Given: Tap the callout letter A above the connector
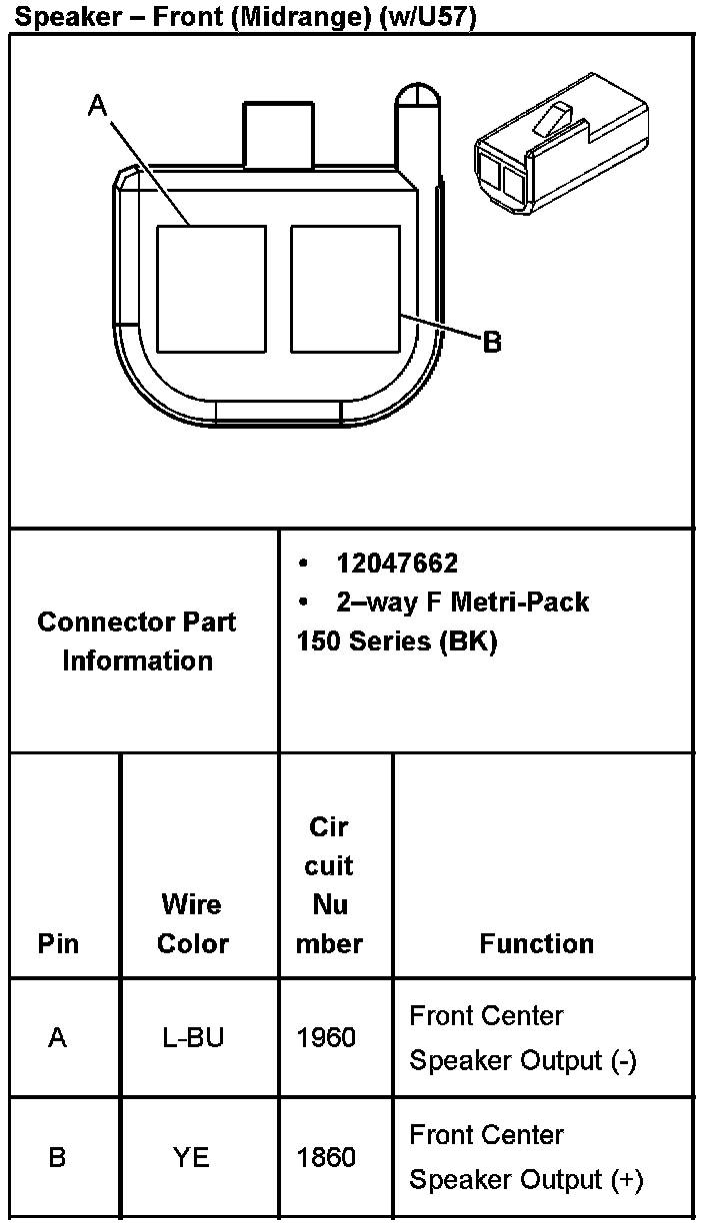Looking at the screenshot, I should pyautogui.click(x=97, y=105).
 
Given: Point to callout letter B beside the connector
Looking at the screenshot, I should pyautogui.click(x=492, y=343).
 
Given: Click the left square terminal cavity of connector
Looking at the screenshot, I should pyautogui.click(x=211, y=289).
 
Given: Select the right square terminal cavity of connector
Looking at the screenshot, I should pyautogui.click(x=345, y=289).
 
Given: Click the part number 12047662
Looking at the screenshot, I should pyautogui.click(x=397, y=564).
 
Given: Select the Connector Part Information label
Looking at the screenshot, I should pyautogui.click(x=137, y=640).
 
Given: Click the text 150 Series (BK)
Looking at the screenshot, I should pyautogui.click(x=397, y=641).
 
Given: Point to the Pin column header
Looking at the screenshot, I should pyautogui.click(x=58, y=943).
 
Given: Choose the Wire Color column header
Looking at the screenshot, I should pyautogui.click(x=192, y=923).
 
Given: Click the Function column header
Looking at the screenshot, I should pyautogui.click(x=536, y=943).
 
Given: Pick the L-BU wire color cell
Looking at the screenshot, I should pyautogui.click(x=193, y=1037).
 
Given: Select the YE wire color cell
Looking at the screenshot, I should pyautogui.click(x=191, y=1157).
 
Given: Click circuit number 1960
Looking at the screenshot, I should pyautogui.click(x=326, y=1037).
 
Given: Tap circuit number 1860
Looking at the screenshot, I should pyautogui.click(x=326, y=1157).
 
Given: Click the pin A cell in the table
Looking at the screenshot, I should pyautogui.click(x=58, y=1037).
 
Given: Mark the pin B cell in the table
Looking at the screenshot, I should pyautogui.click(x=58, y=1157).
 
